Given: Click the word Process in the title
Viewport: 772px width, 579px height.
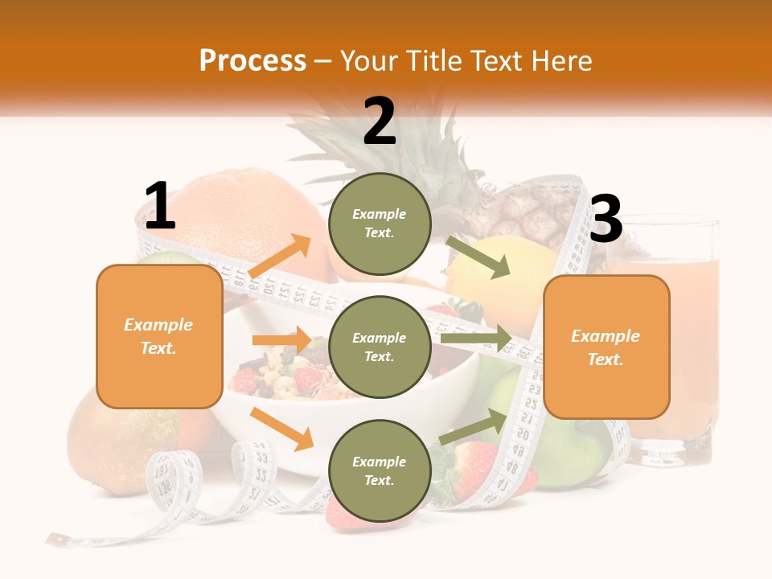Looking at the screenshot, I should (x=253, y=61).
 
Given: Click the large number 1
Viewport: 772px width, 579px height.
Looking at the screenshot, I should (x=159, y=206).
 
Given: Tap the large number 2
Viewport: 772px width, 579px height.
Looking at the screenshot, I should (x=380, y=121).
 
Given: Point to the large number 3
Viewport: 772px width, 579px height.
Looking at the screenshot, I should (x=606, y=219).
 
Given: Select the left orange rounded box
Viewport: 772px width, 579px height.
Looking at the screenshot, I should (x=159, y=336).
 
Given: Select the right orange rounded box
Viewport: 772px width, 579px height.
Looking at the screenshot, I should (x=606, y=347).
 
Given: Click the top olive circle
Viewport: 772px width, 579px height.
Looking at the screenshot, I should (x=380, y=224).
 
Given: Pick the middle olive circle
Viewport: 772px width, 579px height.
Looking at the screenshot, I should (x=380, y=347).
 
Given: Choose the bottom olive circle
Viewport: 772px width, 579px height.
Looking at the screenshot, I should (x=380, y=470).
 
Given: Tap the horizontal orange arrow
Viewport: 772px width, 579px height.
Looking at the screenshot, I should (x=281, y=339).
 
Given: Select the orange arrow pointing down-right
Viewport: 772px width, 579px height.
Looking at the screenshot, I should (x=281, y=428).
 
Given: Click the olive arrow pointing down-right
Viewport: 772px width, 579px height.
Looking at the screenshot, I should (x=478, y=257).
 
